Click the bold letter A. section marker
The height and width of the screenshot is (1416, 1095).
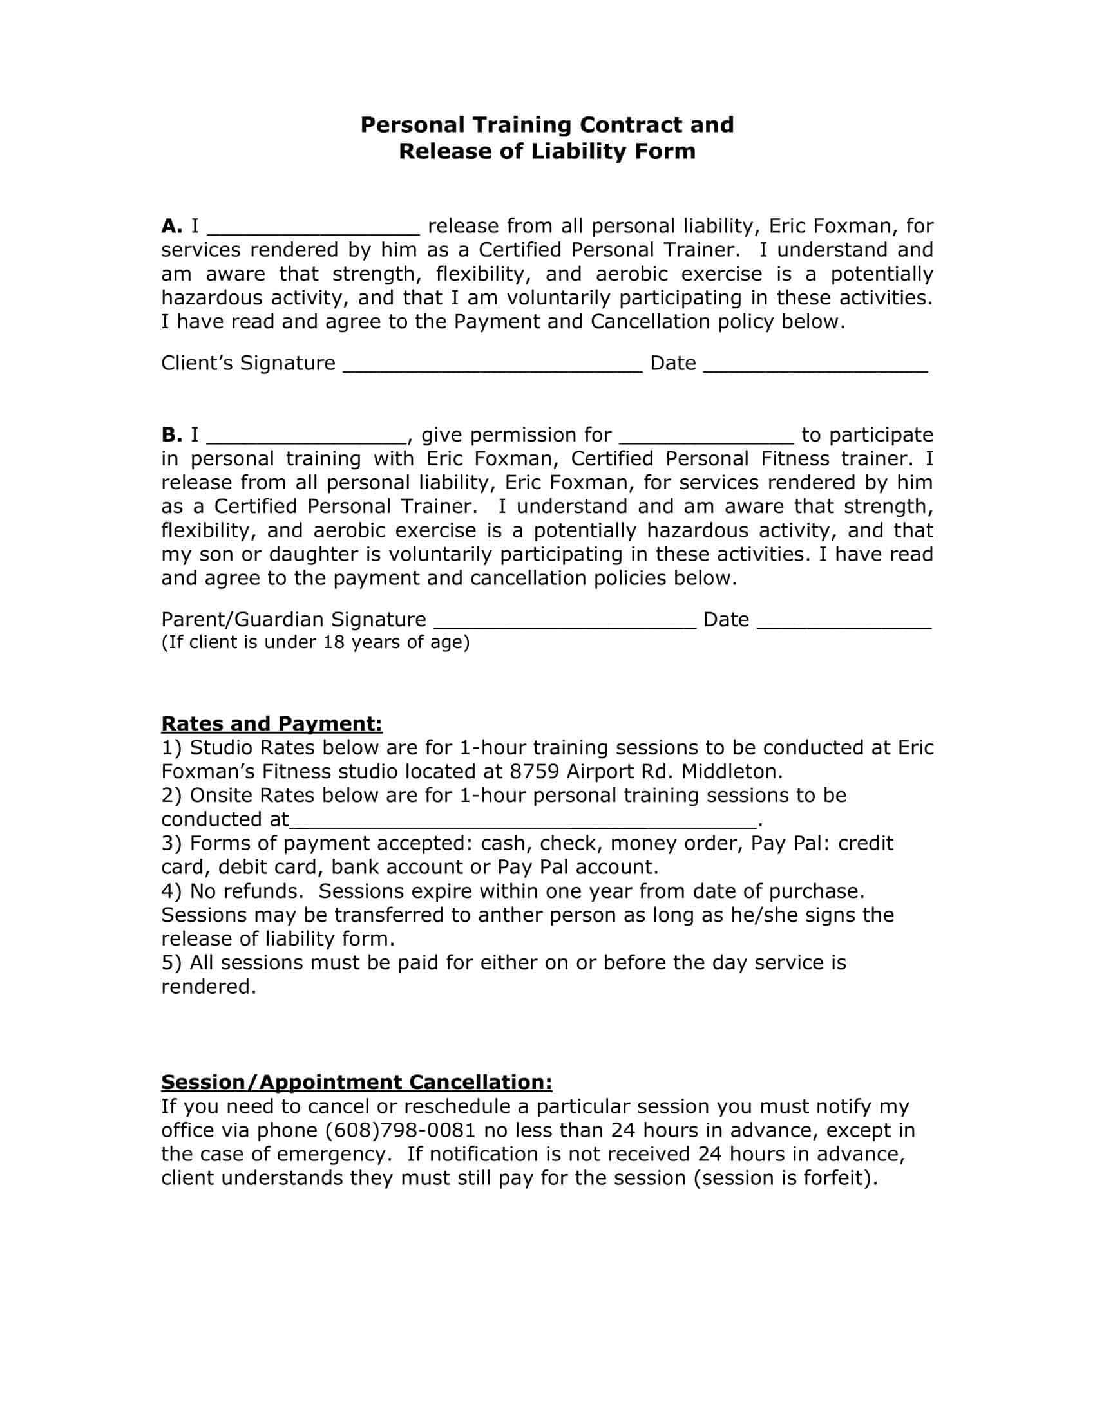(x=171, y=227)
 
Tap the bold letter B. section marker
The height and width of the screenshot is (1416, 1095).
(x=171, y=435)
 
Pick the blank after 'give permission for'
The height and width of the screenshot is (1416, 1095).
(x=707, y=439)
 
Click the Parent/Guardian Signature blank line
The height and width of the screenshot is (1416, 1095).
(x=564, y=624)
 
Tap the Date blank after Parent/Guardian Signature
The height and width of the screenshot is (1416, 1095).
(x=844, y=624)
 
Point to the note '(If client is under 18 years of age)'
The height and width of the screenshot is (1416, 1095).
(x=315, y=642)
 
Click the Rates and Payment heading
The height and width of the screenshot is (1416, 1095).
(x=271, y=723)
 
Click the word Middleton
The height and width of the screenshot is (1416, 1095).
(x=731, y=772)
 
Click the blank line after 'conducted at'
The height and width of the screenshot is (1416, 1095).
(x=522, y=823)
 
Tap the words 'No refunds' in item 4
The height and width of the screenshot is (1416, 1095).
(x=247, y=891)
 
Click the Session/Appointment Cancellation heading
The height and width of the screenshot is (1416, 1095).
(x=356, y=1082)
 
